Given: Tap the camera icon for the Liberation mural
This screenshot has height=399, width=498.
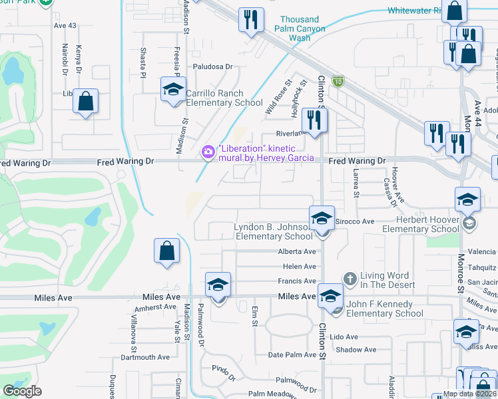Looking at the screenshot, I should coord(208,152).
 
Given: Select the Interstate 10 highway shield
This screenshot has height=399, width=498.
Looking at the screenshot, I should coord(338,80).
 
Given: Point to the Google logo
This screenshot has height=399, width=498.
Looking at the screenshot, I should coord(22,390).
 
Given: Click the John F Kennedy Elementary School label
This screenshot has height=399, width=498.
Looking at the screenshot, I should coord(385,309).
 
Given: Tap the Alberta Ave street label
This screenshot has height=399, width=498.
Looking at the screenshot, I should coord(297,252).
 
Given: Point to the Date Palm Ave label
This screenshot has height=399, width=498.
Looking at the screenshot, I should coord(291,355).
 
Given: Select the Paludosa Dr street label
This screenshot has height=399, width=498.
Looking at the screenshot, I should coord(212,66).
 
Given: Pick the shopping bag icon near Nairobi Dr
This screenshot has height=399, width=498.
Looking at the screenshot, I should coord(86,102).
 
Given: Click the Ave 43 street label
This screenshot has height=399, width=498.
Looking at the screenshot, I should coord(66,26).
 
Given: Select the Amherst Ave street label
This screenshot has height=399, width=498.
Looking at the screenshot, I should coord(154,307).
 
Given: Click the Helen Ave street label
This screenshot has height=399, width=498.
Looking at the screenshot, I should coord(299,267).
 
